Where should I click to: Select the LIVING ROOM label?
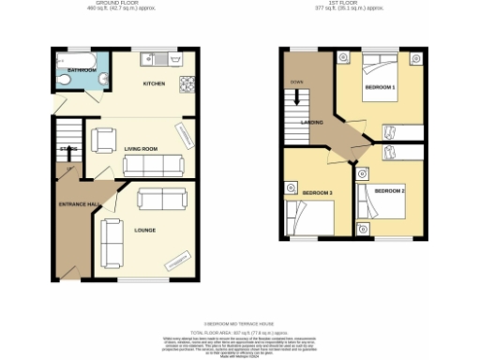pos(140,148)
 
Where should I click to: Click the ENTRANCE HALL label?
pos(80,204)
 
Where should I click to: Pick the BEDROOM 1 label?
pos(379,86)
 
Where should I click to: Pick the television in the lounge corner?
pos(176,262)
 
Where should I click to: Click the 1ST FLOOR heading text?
pos(352,6)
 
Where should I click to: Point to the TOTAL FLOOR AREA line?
pos(238,333)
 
